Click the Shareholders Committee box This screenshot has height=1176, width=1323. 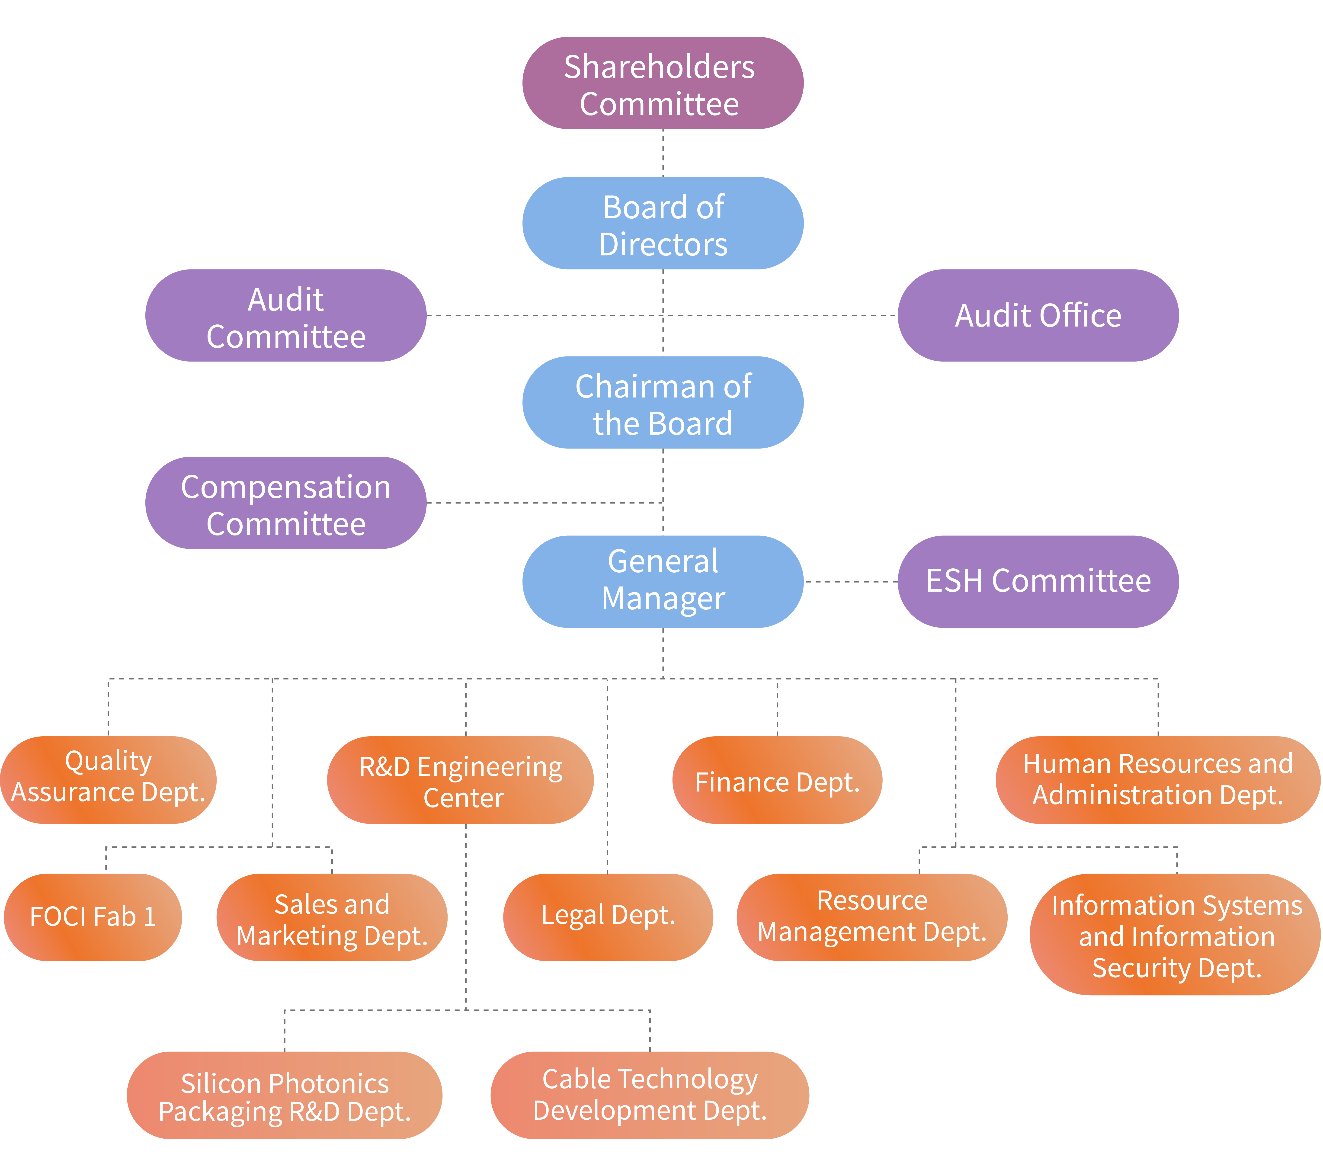click(x=663, y=83)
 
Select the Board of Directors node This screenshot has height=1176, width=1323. click(x=663, y=223)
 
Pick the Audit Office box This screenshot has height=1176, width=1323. click(x=1038, y=315)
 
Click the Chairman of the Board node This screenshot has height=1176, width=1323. click(x=663, y=403)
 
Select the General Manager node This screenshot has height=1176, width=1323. click(x=663, y=581)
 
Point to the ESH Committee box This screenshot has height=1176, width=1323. click(x=1038, y=581)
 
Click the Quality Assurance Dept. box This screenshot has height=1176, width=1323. click(x=108, y=780)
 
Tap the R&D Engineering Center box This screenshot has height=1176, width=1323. click(x=460, y=780)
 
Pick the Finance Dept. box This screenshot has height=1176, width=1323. click(x=777, y=780)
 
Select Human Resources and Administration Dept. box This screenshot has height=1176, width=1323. click(x=1158, y=780)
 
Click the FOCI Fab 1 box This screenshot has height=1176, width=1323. click(x=93, y=917)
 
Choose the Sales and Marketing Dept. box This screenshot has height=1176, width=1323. click(x=332, y=917)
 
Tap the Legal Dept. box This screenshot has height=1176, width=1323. click(x=609, y=917)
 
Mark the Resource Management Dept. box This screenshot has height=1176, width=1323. click(x=872, y=917)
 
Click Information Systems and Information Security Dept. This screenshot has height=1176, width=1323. click(x=1176, y=934)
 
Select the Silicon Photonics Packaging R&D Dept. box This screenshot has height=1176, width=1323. click(x=285, y=1095)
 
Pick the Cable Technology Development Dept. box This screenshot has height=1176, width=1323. click(x=650, y=1095)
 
